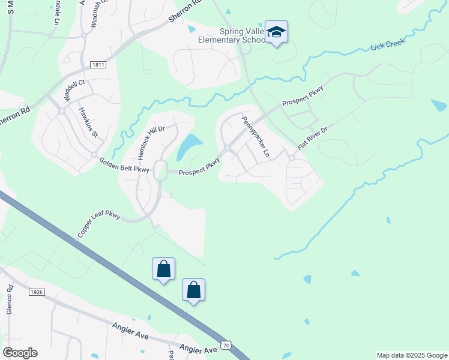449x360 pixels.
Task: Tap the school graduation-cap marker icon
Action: (x=276, y=32)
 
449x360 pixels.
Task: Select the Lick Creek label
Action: (x=388, y=43)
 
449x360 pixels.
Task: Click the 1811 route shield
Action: (x=99, y=64)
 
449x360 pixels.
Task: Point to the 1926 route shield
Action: (x=37, y=292)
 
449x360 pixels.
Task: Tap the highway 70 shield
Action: (x=225, y=345)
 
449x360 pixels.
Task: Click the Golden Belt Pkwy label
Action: (x=124, y=166)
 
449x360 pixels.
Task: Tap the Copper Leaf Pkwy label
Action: (x=98, y=224)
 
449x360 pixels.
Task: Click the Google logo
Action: (x=20, y=352)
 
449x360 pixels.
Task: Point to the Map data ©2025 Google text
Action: (x=411, y=355)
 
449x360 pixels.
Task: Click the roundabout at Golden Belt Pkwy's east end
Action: (x=160, y=170)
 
